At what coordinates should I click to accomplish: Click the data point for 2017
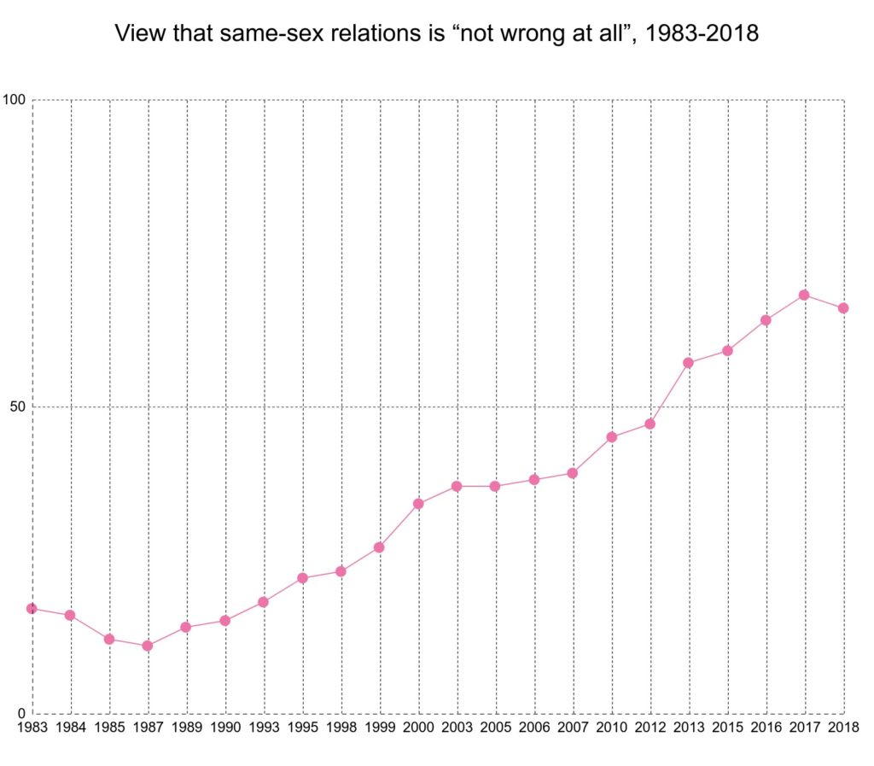coord(804,295)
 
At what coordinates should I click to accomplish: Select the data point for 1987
coord(148,646)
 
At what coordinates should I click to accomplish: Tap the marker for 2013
coord(688,363)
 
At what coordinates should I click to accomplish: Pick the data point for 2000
coord(418,504)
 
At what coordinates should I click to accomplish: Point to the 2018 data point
coord(842,308)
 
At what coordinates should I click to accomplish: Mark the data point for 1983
coord(32,608)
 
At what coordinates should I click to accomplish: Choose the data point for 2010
coord(611,437)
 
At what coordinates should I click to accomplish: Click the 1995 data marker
coord(302,578)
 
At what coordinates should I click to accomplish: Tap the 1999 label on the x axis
coord(380,727)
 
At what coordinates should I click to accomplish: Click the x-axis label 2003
coord(457,727)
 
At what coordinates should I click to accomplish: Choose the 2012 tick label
coord(650,727)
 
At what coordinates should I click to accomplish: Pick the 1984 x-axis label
coord(71,727)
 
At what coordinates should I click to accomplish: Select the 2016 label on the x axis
coord(766,727)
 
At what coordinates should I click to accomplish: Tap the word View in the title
coord(137,35)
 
